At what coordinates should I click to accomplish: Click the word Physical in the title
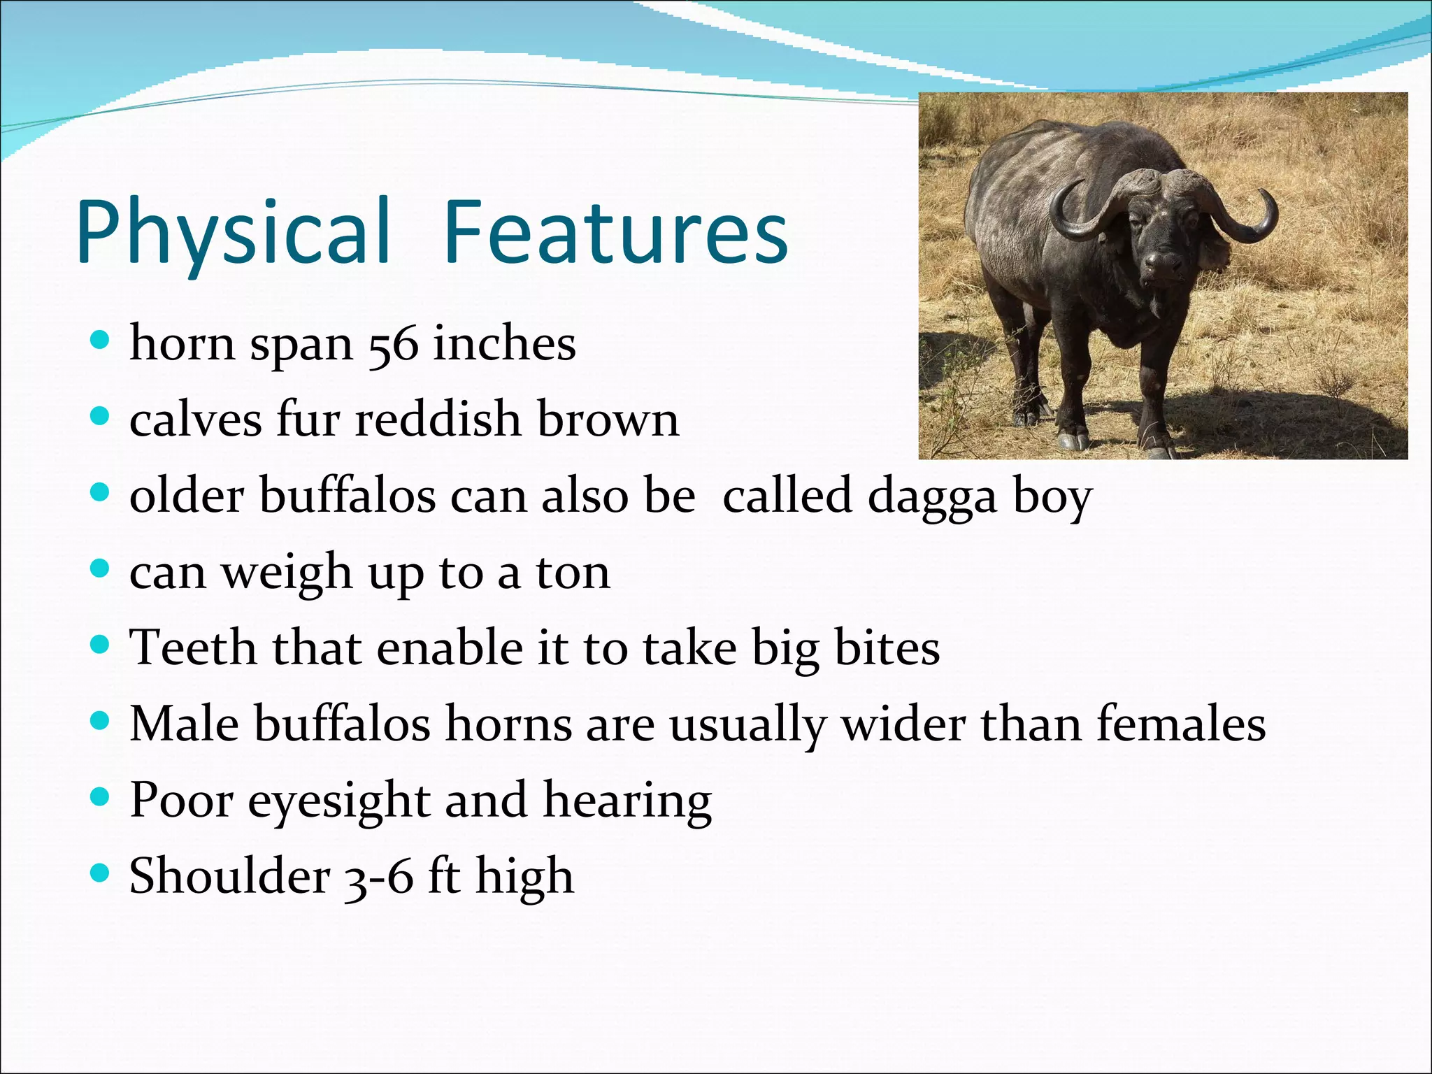pyautogui.click(x=234, y=232)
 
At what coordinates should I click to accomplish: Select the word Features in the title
pyautogui.click(x=615, y=232)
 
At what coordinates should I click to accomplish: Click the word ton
pyautogui.click(x=573, y=573)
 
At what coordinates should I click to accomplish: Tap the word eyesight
pyautogui.click(x=338, y=801)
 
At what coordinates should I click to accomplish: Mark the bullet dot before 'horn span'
pyautogui.click(x=101, y=341)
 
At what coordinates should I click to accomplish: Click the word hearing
pyautogui.click(x=627, y=801)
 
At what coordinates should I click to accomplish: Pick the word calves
pyautogui.click(x=195, y=421)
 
